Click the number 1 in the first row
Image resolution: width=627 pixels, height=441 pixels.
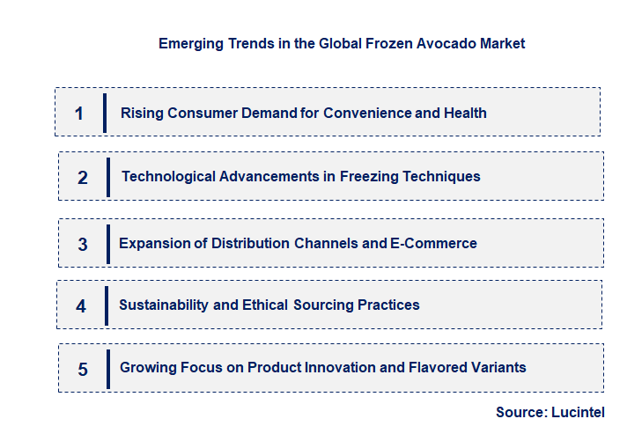point(79,114)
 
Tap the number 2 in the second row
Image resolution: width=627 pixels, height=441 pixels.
point(83,178)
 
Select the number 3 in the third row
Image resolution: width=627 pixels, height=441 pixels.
point(83,245)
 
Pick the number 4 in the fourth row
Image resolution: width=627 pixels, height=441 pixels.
point(81,306)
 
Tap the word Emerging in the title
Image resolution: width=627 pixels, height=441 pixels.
point(188,43)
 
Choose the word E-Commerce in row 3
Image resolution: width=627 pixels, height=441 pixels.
point(433,243)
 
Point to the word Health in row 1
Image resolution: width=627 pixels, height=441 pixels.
point(465,113)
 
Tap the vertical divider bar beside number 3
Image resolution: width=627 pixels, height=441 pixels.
point(108,244)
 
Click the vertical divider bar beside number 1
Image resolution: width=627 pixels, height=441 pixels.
point(105,113)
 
